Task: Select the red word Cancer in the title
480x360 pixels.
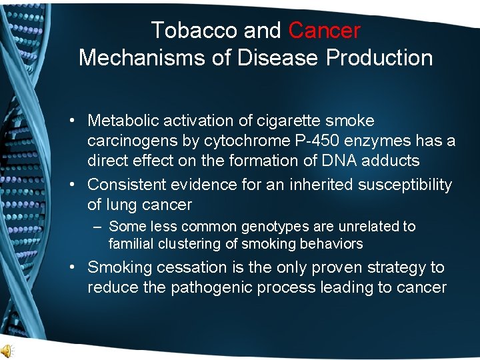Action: [x=325, y=30]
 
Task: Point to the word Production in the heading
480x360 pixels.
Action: [x=379, y=57]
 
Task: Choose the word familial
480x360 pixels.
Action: [x=133, y=244]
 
